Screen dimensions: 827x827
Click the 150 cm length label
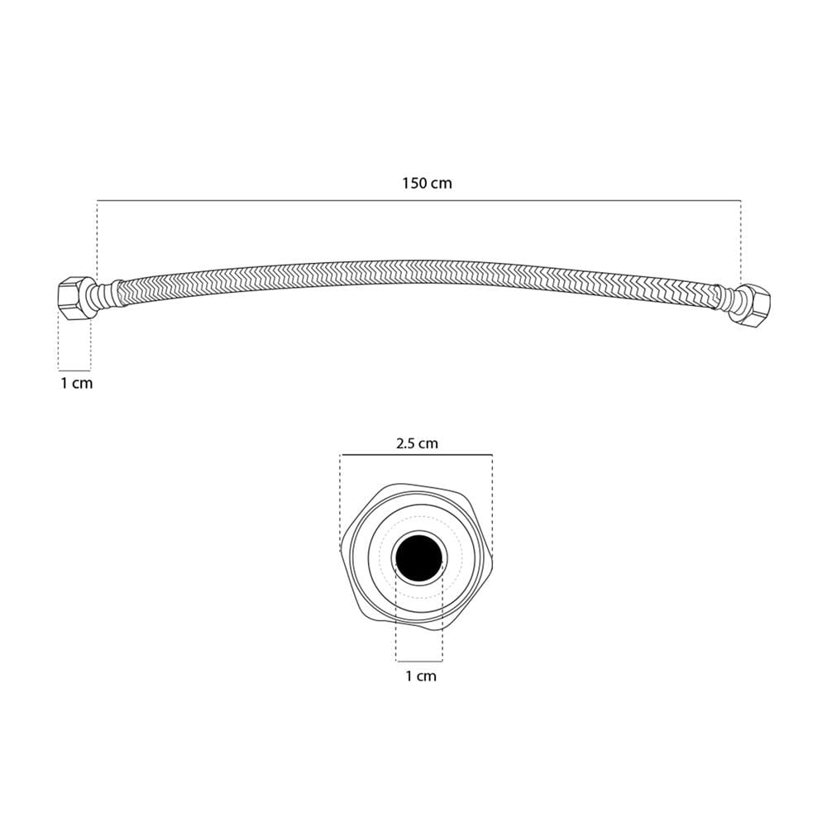point(427,184)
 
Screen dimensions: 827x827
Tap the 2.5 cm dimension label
point(417,443)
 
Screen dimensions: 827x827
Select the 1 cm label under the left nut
point(76,384)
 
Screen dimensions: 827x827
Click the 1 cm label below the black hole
point(421,676)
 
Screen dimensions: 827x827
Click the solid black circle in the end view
point(419,558)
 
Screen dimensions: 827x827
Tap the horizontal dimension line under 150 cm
point(419,200)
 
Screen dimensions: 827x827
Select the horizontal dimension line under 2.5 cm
point(417,455)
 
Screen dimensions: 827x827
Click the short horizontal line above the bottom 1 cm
point(419,661)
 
